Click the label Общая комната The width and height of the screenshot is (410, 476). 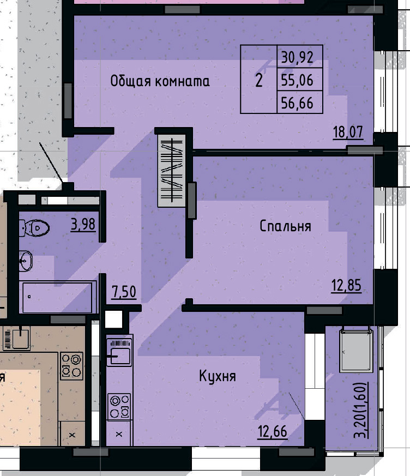(160, 82)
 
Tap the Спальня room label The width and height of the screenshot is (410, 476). (285, 226)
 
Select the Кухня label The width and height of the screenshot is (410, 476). (217, 376)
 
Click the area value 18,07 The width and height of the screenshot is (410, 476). (348, 132)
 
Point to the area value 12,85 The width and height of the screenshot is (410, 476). (346, 285)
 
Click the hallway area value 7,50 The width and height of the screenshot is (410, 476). (124, 292)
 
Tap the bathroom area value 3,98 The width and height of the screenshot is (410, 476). (83, 224)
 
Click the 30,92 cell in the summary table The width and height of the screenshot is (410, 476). (299, 56)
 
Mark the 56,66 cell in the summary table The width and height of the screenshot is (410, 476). (299, 103)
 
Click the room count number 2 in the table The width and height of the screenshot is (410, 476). (259, 81)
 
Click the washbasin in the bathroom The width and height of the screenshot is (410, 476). (25, 262)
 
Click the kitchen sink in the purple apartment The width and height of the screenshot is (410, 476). (119, 355)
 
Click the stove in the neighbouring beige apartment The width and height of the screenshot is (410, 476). (71, 366)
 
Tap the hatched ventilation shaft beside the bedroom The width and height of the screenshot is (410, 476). (172, 171)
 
